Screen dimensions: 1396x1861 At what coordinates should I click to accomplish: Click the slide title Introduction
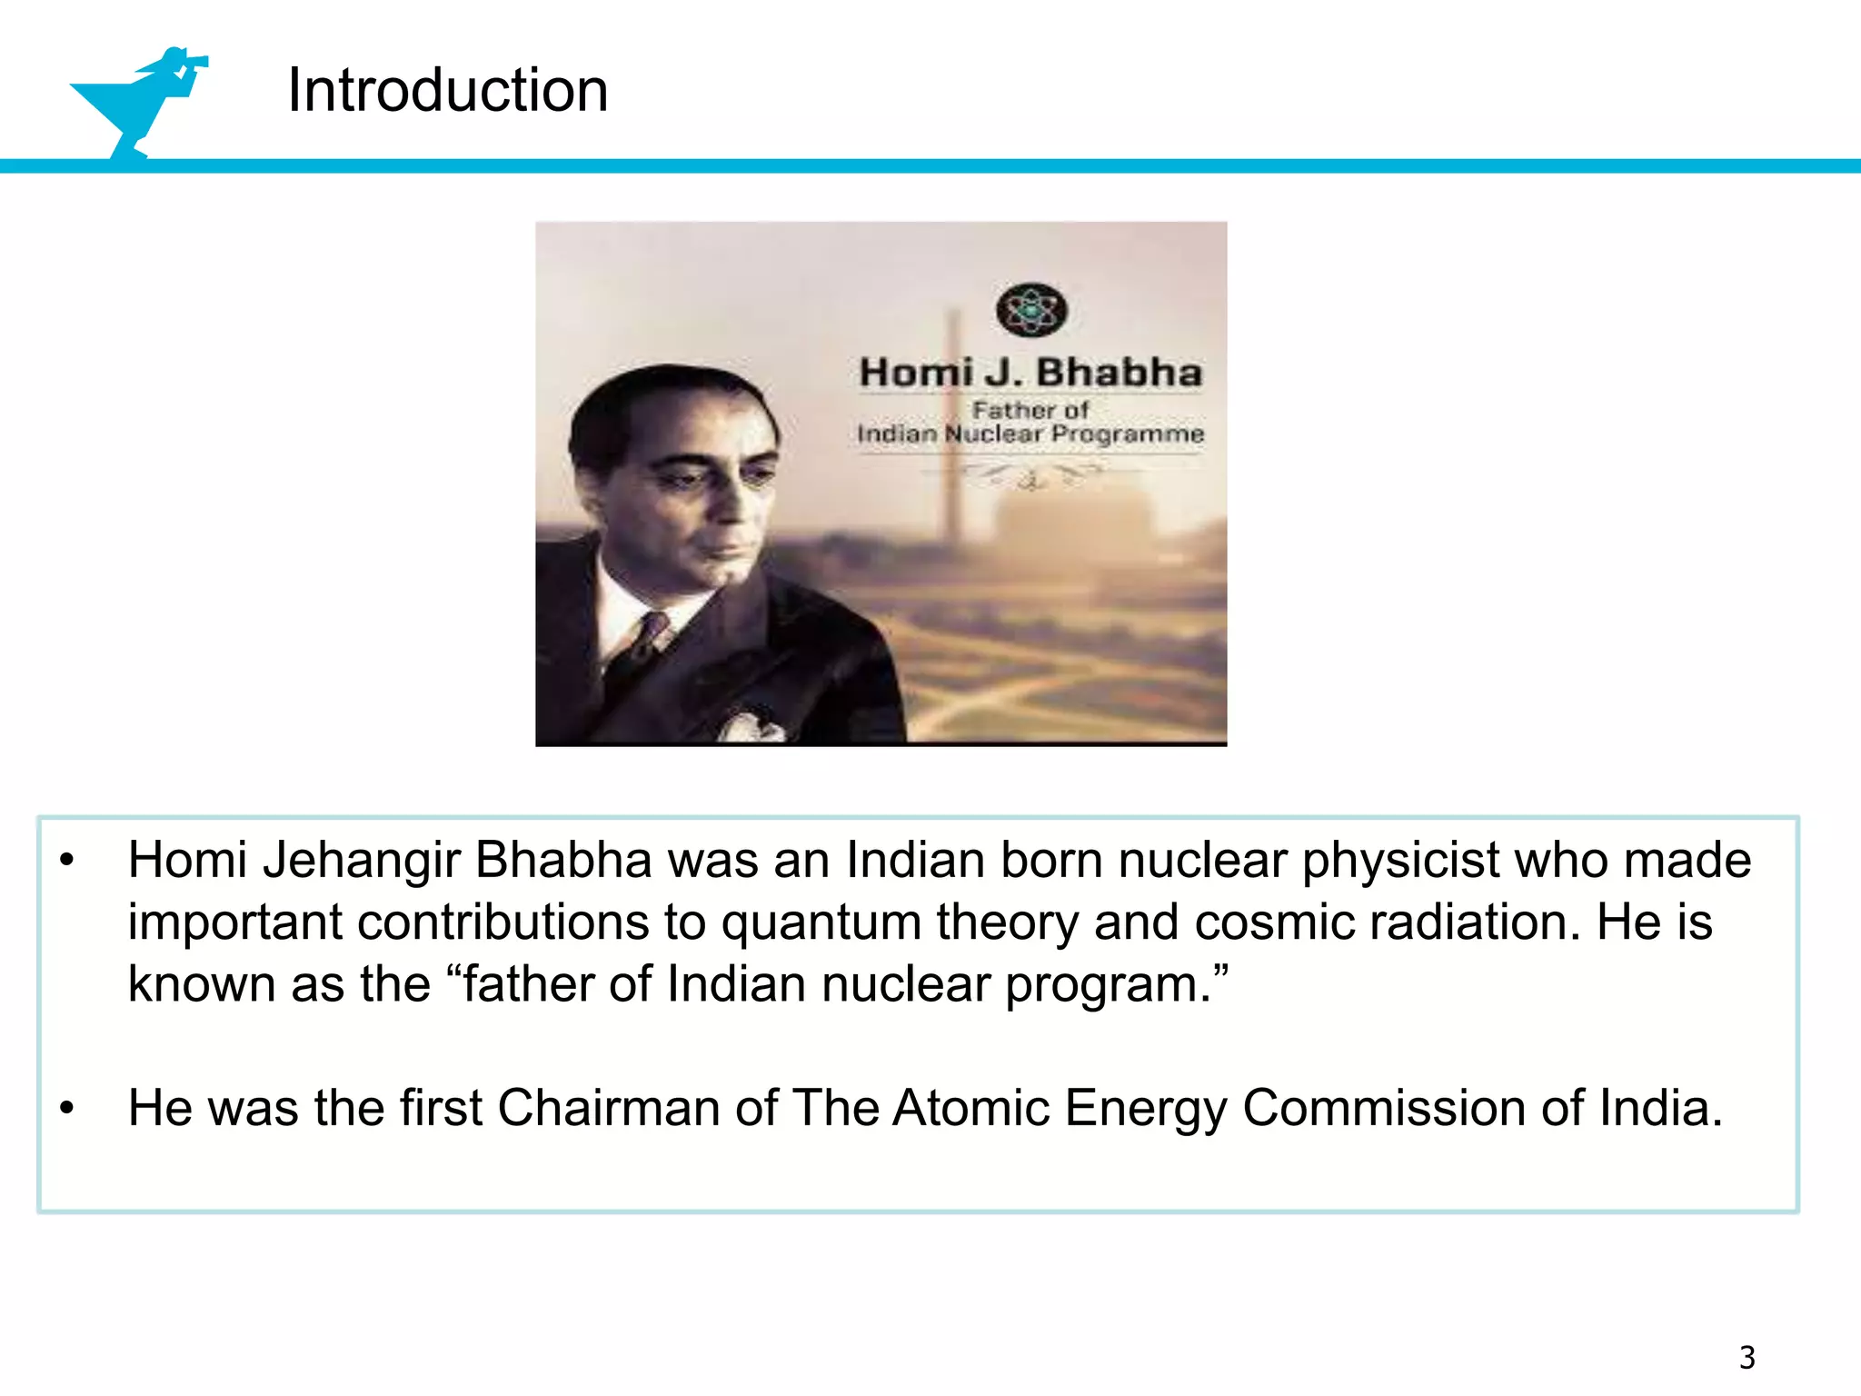[x=447, y=90]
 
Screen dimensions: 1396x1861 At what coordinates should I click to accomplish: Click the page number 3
[x=1747, y=1357]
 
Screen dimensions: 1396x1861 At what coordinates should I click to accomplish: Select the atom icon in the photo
[x=1030, y=310]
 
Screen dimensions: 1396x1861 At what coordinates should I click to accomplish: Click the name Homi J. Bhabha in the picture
[x=1030, y=373]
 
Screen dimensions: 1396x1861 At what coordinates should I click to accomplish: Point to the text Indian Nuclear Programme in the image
[x=1030, y=434]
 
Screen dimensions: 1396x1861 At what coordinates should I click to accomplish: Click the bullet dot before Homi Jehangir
[x=66, y=861]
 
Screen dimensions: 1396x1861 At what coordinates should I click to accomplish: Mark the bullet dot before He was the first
[x=66, y=1109]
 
